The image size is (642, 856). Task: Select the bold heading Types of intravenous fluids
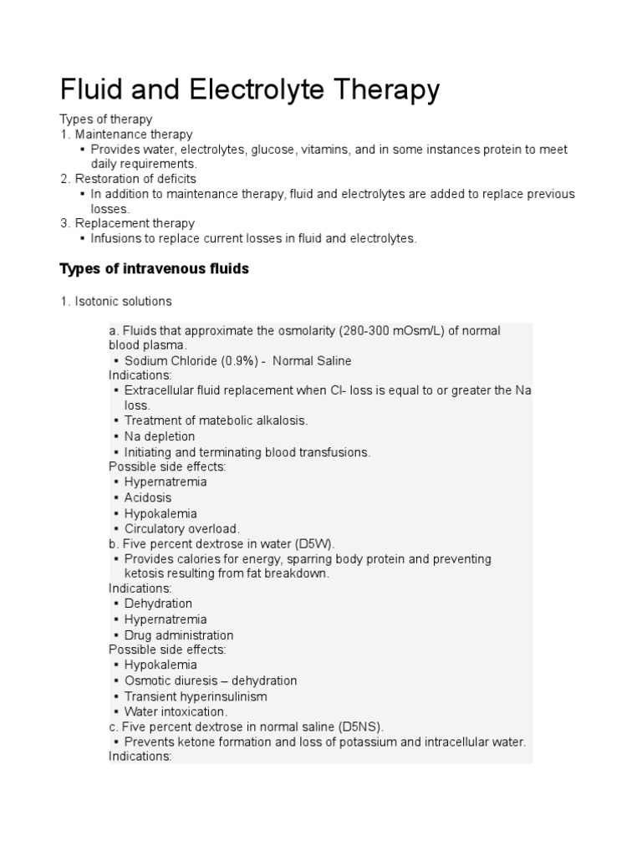tap(154, 268)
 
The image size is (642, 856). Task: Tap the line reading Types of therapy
tap(105, 120)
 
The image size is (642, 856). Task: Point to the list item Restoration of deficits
tap(135, 179)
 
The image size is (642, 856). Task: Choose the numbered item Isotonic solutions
tap(123, 301)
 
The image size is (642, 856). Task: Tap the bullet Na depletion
tap(160, 436)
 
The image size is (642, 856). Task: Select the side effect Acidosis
tap(148, 497)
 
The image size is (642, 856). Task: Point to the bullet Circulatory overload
tap(181, 528)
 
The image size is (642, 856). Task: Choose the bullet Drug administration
tap(179, 635)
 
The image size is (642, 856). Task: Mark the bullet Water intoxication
tap(176, 711)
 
